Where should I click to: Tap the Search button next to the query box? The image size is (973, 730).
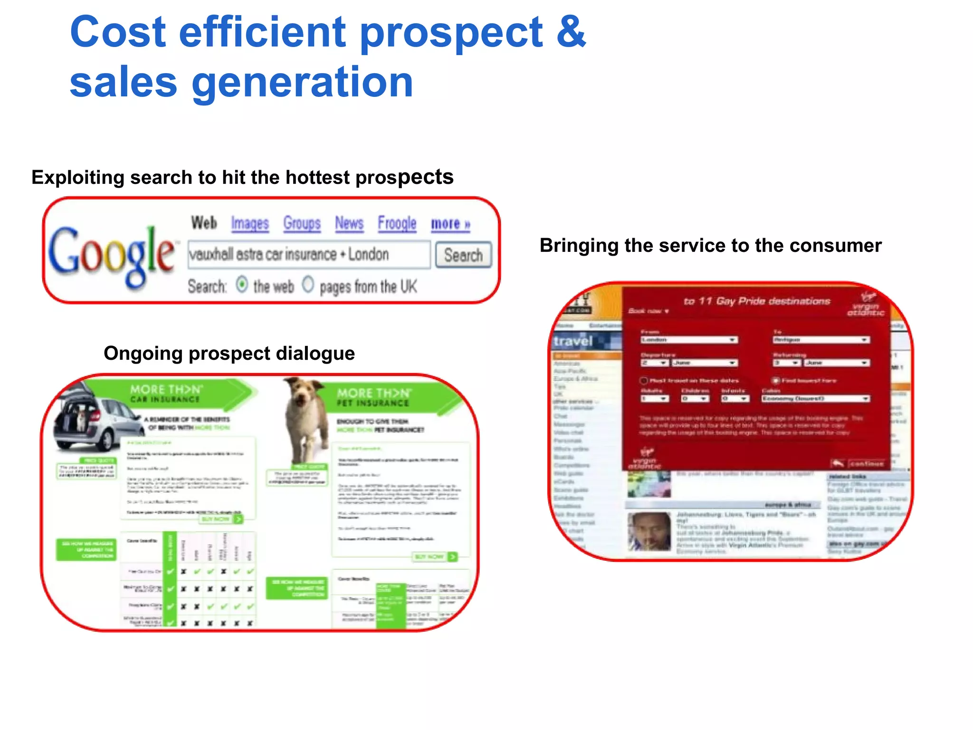[463, 256]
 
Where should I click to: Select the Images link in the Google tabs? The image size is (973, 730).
[250, 223]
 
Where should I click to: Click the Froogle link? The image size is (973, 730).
[397, 223]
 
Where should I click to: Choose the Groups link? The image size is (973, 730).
[302, 223]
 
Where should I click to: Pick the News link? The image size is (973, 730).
[349, 223]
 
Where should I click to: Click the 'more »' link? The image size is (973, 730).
[450, 224]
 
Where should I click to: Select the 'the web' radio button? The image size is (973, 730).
[242, 285]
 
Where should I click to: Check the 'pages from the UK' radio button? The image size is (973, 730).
[308, 285]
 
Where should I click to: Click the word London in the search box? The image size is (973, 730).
[368, 255]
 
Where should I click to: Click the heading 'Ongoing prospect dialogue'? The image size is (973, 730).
[229, 353]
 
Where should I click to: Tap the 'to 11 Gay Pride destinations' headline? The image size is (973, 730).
[756, 301]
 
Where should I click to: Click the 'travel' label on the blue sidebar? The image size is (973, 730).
[573, 341]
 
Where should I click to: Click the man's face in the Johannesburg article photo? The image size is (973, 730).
[649, 530]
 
